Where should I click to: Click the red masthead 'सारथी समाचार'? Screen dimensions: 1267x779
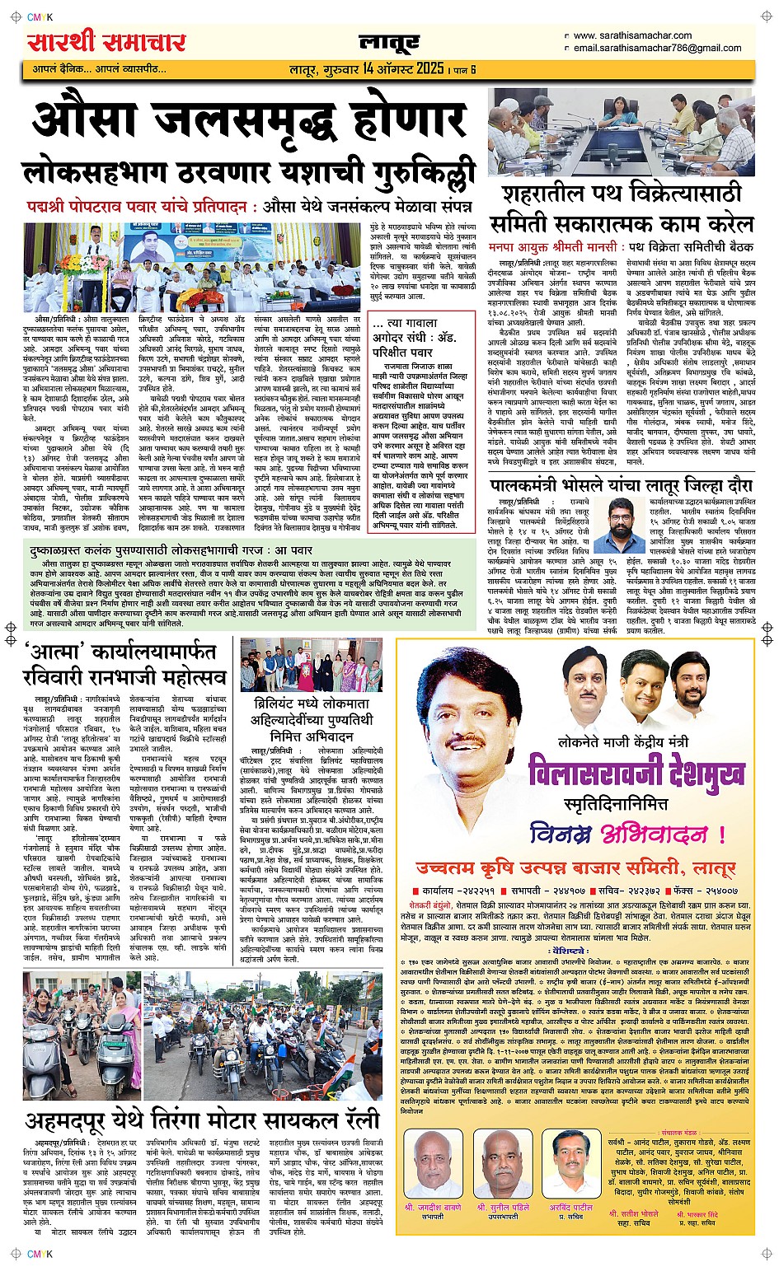107,40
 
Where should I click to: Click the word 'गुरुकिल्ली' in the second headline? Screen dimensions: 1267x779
416,174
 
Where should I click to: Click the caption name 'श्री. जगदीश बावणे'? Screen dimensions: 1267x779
433,1208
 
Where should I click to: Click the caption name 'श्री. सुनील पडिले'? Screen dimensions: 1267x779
503,1208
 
